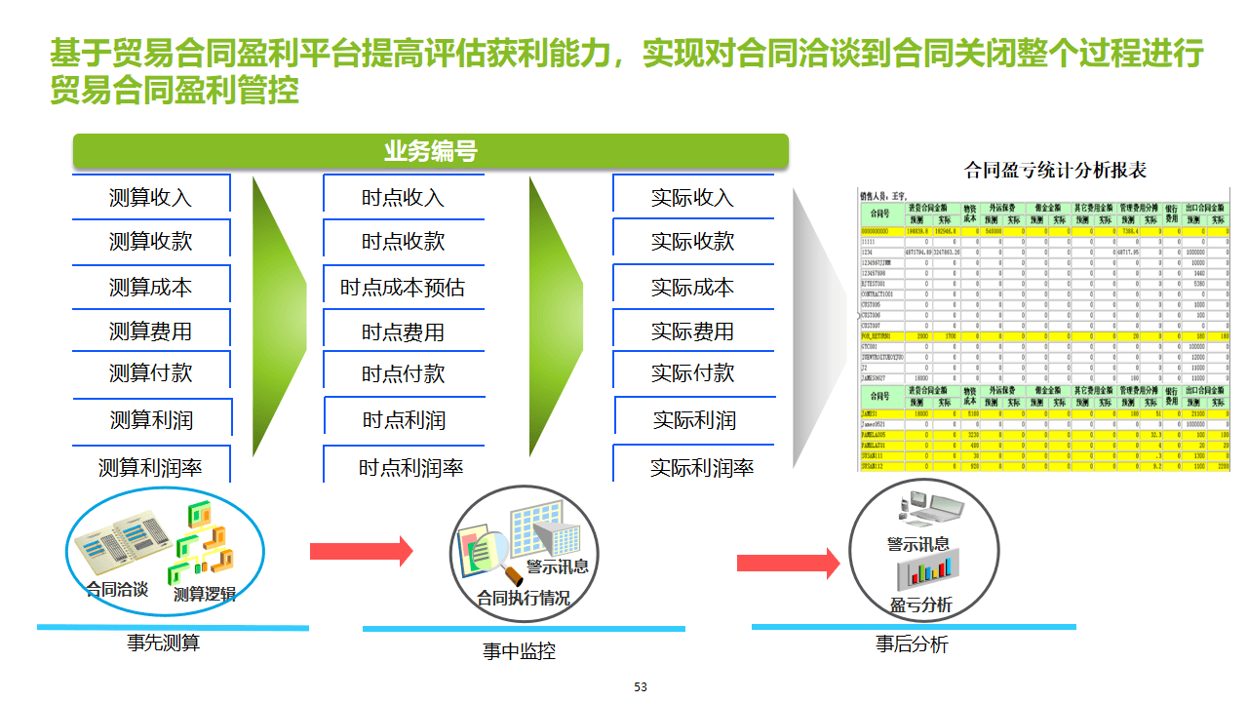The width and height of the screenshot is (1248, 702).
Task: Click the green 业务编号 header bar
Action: [430, 152]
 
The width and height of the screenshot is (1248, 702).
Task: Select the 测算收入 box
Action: [150, 198]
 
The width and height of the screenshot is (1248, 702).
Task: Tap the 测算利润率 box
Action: [150, 468]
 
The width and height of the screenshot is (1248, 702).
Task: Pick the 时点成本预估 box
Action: [403, 288]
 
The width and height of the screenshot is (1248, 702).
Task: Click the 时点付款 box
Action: [403, 373]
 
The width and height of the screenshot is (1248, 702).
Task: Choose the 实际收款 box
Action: [692, 242]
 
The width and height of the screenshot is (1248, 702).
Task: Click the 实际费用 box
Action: [692, 331]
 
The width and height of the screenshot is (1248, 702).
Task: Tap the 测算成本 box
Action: [150, 288]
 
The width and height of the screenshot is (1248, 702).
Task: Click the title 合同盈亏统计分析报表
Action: [1055, 171]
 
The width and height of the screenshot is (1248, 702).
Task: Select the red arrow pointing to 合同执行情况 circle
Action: [361, 551]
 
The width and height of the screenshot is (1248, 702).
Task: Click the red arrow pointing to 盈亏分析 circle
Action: [788, 563]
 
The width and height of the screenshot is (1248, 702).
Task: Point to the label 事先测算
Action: [163, 643]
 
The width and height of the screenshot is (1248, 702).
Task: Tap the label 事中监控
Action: [519, 651]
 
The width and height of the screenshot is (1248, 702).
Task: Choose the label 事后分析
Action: [912, 644]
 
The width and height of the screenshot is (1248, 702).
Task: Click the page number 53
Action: [641, 687]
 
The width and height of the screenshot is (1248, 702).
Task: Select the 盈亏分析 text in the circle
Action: [920, 605]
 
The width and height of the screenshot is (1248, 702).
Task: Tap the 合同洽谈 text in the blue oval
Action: [117, 589]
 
